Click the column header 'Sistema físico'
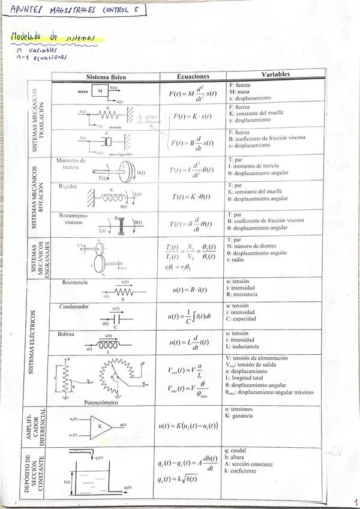pos(106,77)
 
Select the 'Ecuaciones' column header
pos(193,77)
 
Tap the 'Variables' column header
pos(275,74)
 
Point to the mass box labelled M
pos(100,91)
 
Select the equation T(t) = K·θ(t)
pos(192,196)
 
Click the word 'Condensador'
pos(74,306)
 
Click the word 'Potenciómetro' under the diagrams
pos(106,402)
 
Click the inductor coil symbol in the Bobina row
pos(109,346)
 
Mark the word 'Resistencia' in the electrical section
pos(75,282)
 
